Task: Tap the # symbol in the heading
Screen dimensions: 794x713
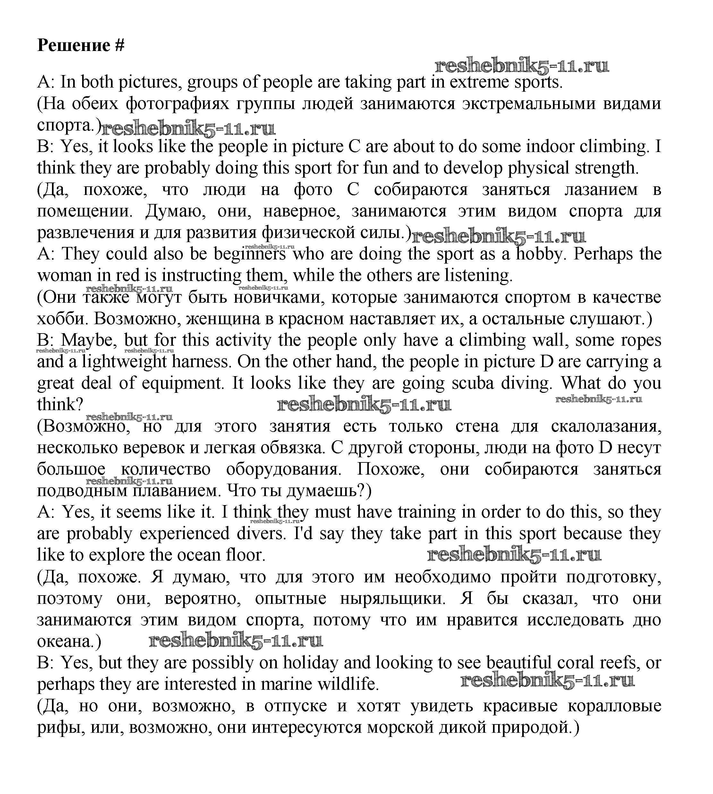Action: coord(120,46)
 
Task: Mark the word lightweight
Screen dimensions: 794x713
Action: coord(124,361)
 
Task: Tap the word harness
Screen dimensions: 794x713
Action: coord(201,361)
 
